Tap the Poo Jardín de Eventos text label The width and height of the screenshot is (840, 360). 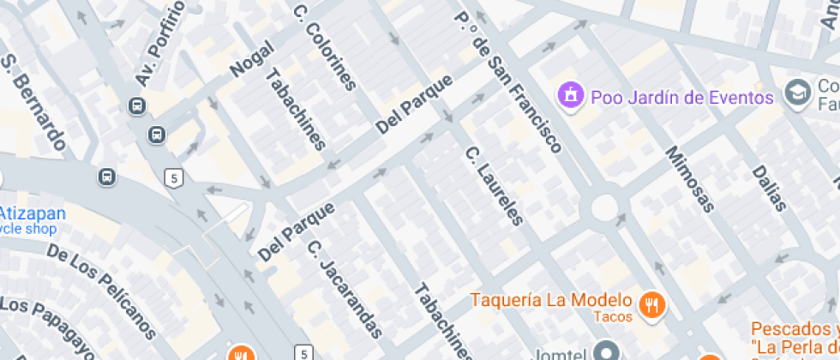coord(682,97)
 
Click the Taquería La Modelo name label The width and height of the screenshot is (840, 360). coord(552,301)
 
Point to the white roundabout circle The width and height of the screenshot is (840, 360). coord(604,207)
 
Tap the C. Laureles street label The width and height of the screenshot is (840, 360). coord(494,186)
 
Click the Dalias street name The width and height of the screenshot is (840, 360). coord(769,188)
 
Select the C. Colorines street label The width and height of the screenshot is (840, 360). coord(324,48)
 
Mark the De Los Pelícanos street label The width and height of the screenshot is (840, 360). coord(102,291)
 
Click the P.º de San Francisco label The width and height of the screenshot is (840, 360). coord(507,81)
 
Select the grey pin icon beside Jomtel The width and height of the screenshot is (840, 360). coord(607,351)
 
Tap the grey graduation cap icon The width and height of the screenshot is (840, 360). coord(799,93)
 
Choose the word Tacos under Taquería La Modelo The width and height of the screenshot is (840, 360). coord(613,317)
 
